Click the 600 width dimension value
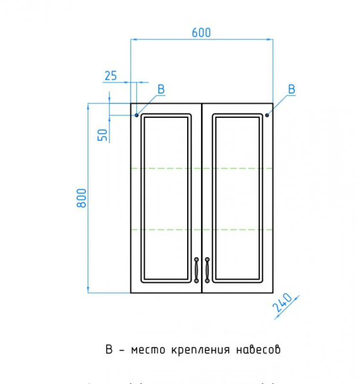[x=201, y=32]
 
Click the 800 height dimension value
[x=81, y=198]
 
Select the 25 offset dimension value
[x=110, y=76]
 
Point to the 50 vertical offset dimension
[x=101, y=134]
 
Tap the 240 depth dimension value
[x=282, y=303]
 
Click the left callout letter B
[x=161, y=90]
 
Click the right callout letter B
[x=291, y=90]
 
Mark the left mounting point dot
[x=136, y=115]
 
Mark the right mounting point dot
[x=267, y=115]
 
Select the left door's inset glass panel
[x=166, y=198]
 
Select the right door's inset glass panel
[x=238, y=198]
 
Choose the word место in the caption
[x=147, y=350]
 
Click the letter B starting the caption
[x=109, y=350]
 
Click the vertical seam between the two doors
[x=202, y=192]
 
